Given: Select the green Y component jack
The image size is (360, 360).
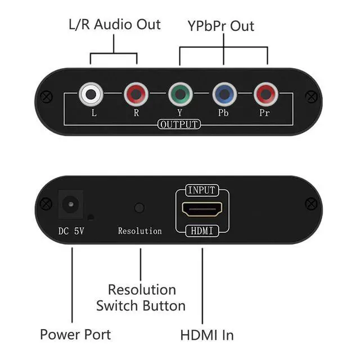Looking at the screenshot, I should (179, 94).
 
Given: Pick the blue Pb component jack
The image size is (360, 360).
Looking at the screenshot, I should (224, 94).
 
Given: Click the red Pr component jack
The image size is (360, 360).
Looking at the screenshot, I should (265, 94).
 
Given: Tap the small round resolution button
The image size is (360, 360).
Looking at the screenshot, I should (139, 208).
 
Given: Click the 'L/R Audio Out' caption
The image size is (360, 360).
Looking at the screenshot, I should (114, 25).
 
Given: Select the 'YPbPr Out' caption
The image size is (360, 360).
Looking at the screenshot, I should (220, 26).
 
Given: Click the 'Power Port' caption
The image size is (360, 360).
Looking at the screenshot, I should (75, 334).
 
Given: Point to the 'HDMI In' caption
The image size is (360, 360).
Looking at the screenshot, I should (206, 335).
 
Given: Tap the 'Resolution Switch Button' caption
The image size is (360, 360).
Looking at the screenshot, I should (141, 298).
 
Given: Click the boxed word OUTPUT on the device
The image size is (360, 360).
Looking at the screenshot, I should (179, 124).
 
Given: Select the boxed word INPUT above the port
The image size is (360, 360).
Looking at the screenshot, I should (202, 190).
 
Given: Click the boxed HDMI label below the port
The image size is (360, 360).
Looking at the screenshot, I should (201, 230).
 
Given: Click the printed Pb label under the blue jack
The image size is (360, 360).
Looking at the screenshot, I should (223, 112).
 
